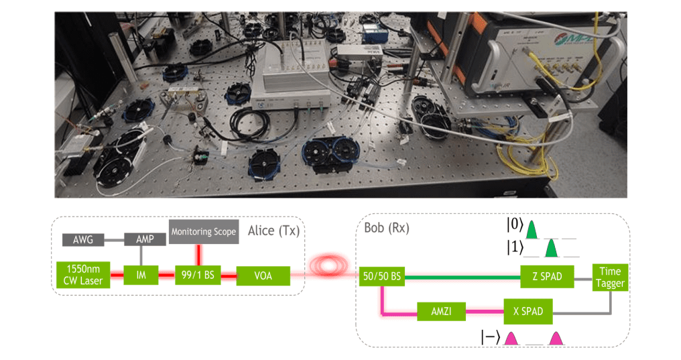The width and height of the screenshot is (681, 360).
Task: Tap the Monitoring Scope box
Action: point(204,232)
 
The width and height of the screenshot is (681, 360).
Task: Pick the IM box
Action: point(139,275)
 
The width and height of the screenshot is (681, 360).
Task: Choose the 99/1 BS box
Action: point(196,275)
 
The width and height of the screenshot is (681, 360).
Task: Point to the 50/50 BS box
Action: point(380,275)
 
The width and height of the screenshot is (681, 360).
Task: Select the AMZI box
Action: point(440,311)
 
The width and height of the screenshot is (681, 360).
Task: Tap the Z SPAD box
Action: point(547,275)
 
